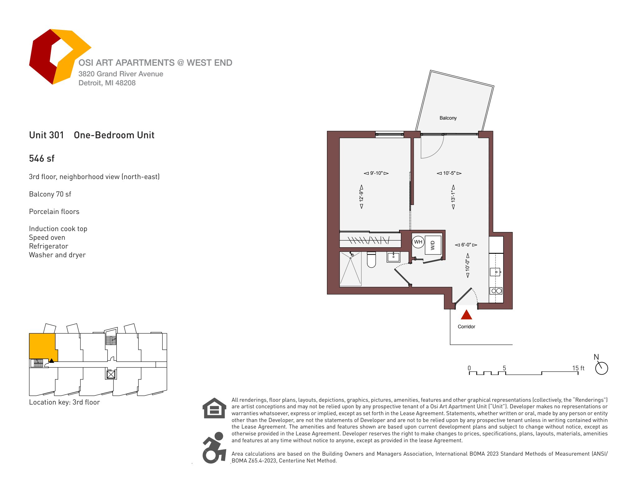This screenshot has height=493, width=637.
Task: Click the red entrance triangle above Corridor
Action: (466, 315)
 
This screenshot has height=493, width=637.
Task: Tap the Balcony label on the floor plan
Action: (448, 118)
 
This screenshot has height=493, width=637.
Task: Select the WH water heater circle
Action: (418, 242)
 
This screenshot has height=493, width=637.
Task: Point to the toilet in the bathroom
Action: (371, 260)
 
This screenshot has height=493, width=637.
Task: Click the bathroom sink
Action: (393, 257)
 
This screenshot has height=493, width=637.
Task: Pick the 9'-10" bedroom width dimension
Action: (376, 173)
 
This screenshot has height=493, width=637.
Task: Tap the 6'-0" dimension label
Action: (466, 245)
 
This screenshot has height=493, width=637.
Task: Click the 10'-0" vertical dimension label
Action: (467, 265)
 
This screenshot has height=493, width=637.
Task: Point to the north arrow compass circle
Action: (602, 368)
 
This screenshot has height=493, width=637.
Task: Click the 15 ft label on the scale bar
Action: (578, 368)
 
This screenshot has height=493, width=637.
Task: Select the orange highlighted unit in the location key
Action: (43, 346)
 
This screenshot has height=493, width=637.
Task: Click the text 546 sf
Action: (42, 159)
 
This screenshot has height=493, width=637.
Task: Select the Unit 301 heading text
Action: (46, 135)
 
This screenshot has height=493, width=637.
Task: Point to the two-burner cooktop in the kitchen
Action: (496, 291)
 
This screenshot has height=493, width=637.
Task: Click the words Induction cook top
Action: (58, 229)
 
